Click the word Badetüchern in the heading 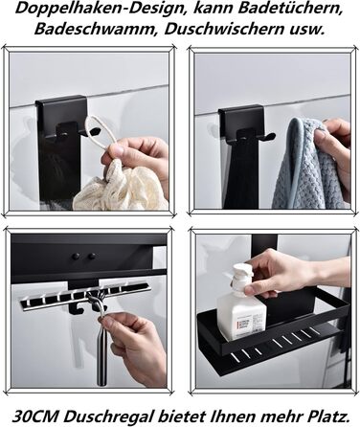click(x=283, y=11)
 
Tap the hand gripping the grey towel click(x=335, y=148)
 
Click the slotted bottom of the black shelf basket click(x=287, y=340)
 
